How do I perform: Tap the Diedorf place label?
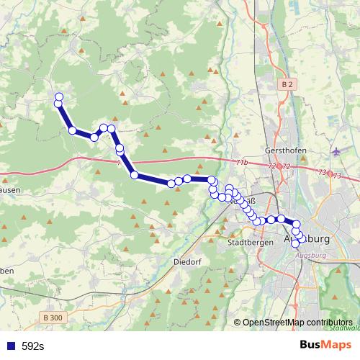(186, 262)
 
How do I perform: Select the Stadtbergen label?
(249, 243)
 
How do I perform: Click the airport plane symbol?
(339, 151)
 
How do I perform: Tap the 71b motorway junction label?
(240, 163)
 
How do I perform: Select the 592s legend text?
(32, 346)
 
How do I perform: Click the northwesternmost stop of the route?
(59, 97)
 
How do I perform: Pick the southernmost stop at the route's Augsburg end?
(295, 243)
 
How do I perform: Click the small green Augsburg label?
(311, 256)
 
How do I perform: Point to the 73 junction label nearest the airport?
(321, 172)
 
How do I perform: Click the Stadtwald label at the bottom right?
(345, 328)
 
